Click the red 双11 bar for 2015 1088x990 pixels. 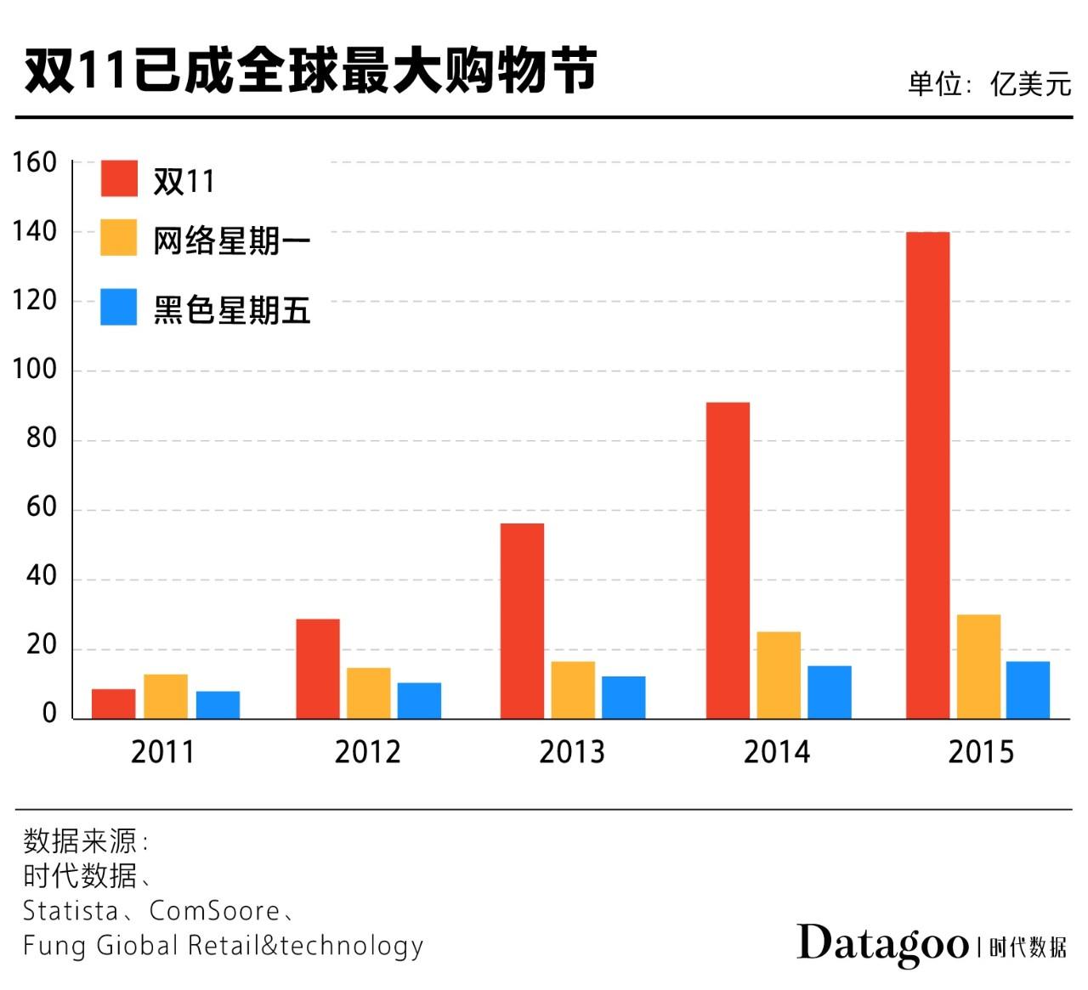point(927,475)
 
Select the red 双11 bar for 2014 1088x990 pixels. point(728,560)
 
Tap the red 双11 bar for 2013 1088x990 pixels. point(522,620)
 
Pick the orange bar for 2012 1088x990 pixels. point(368,693)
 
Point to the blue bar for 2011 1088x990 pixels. point(218,704)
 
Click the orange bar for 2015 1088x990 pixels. point(978,666)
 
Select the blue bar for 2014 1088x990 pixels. point(829,692)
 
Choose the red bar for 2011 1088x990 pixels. point(114,703)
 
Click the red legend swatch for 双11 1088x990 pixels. point(118,178)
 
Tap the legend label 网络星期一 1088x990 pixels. point(231,241)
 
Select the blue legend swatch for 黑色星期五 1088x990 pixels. point(118,307)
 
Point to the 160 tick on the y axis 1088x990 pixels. point(34,162)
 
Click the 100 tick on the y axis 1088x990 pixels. point(34,370)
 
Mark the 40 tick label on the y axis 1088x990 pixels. point(41,576)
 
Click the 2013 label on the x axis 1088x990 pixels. point(571,752)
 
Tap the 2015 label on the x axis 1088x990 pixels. point(981,752)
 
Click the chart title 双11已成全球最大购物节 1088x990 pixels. point(310,70)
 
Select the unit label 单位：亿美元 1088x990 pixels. point(989,83)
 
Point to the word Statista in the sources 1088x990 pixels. point(71,911)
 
